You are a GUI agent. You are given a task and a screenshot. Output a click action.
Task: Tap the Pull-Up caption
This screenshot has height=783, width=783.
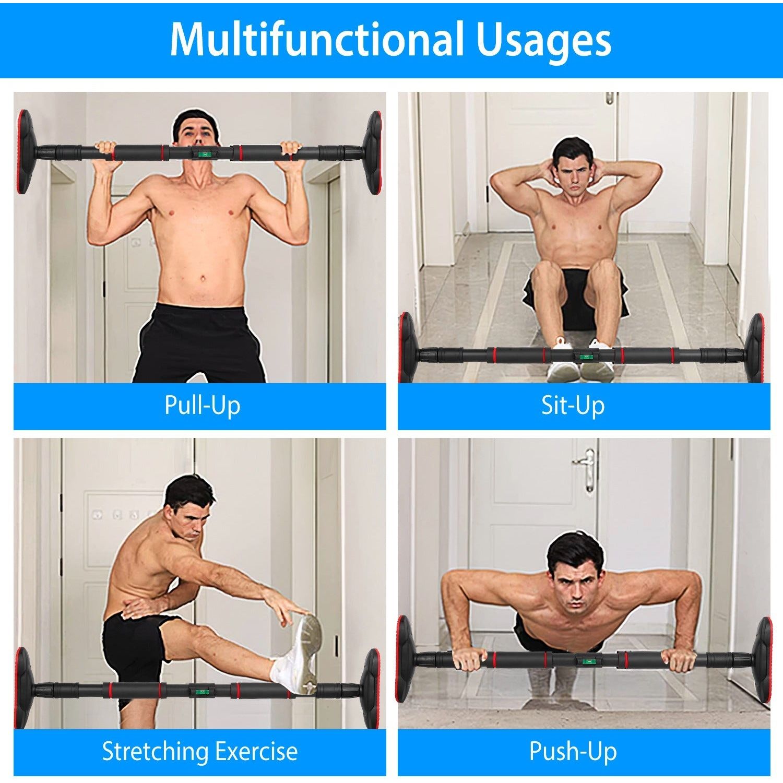point(202,406)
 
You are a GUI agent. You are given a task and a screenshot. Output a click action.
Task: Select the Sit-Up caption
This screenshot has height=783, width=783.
point(573,406)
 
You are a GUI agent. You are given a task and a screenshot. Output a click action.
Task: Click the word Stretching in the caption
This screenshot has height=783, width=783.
point(155,751)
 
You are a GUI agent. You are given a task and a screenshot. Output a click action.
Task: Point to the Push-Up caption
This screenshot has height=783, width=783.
point(573,751)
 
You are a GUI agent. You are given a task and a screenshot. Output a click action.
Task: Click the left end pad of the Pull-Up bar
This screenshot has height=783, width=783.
point(23,151)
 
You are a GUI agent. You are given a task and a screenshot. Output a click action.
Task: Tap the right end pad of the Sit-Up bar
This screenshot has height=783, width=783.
point(755,349)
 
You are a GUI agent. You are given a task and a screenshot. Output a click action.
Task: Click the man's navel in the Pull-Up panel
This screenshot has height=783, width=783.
point(203,279)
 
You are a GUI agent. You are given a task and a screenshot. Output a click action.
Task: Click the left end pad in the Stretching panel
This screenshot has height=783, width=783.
point(22,688)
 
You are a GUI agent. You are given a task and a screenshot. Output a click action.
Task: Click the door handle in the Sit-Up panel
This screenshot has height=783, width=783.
point(610,98)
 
